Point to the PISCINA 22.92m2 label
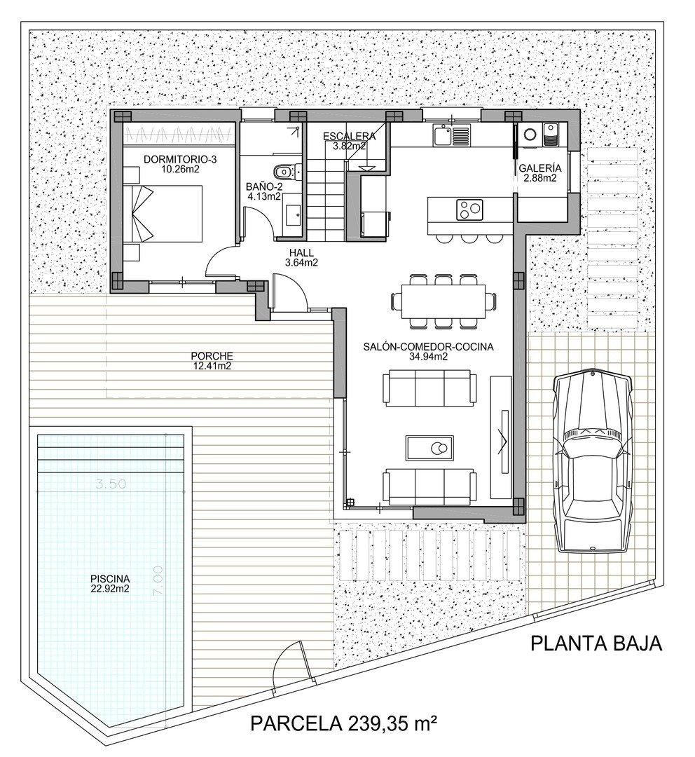[110, 583]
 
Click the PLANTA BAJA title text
[596, 643]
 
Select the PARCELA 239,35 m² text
[343, 723]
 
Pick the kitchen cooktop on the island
[470, 208]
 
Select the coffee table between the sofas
[430, 446]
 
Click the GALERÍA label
[539, 173]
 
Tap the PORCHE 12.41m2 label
[212, 360]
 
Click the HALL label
[302, 259]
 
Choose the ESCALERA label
[349, 141]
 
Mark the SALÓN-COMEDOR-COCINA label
[429, 351]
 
